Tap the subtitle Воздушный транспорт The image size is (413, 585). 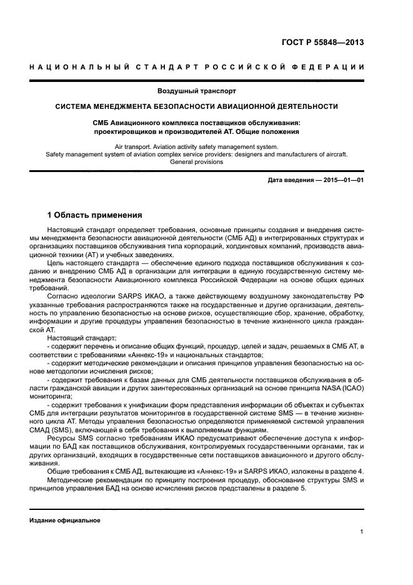[206, 91]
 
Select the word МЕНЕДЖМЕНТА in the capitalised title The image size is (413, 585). [136, 106]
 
